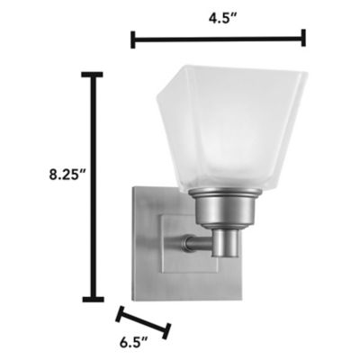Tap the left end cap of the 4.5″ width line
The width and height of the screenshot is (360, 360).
(133, 39)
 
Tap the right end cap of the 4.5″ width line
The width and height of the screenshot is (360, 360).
(303, 38)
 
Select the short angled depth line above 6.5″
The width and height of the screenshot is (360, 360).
(143, 320)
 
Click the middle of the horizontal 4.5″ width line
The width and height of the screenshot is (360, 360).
(219, 39)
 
